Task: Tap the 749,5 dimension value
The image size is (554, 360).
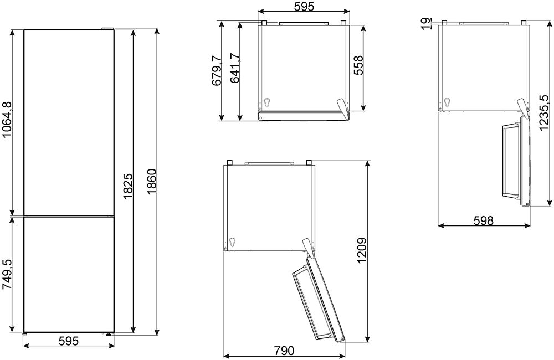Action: click(x=7, y=275)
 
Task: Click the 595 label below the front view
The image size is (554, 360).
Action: click(x=68, y=341)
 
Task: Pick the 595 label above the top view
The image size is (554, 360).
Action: click(x=304, y=6)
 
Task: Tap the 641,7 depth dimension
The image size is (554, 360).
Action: click(x=235, y=68)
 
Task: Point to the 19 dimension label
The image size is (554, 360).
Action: click(x=427, y=23)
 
